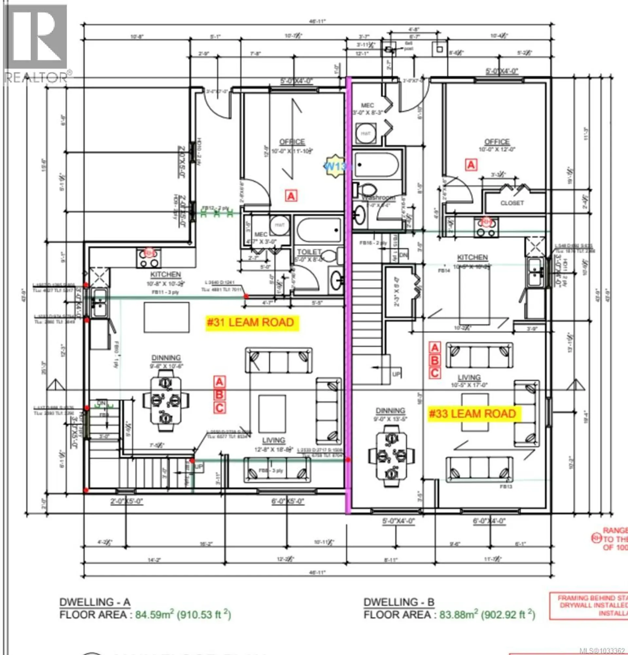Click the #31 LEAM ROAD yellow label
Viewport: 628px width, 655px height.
[x=251, y=323]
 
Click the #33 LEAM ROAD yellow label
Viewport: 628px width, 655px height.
[x=473, y=414]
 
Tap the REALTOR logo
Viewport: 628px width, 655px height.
[x=36, y=44]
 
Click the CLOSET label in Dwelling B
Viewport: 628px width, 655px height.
[x=512, y=203]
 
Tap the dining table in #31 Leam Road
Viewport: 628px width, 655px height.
[x=166, y=400]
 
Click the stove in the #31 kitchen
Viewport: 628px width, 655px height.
[x=149, y=258]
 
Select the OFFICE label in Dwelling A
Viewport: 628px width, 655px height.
[x=292, y=142]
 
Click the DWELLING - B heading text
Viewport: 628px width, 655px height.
[x=399, y=602]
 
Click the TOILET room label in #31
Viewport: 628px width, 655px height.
[x=309, y=252]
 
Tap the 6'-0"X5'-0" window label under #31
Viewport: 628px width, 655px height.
[x=288, y=501]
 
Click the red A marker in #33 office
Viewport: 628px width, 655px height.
[x=471, y=165]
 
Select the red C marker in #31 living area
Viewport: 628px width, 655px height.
[x=219, y=408]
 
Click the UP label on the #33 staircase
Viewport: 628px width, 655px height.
[x=396, y=374]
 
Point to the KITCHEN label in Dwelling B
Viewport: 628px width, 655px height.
[x=472, y=257]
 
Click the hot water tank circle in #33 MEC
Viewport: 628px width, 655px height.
[x=365, y=133]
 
